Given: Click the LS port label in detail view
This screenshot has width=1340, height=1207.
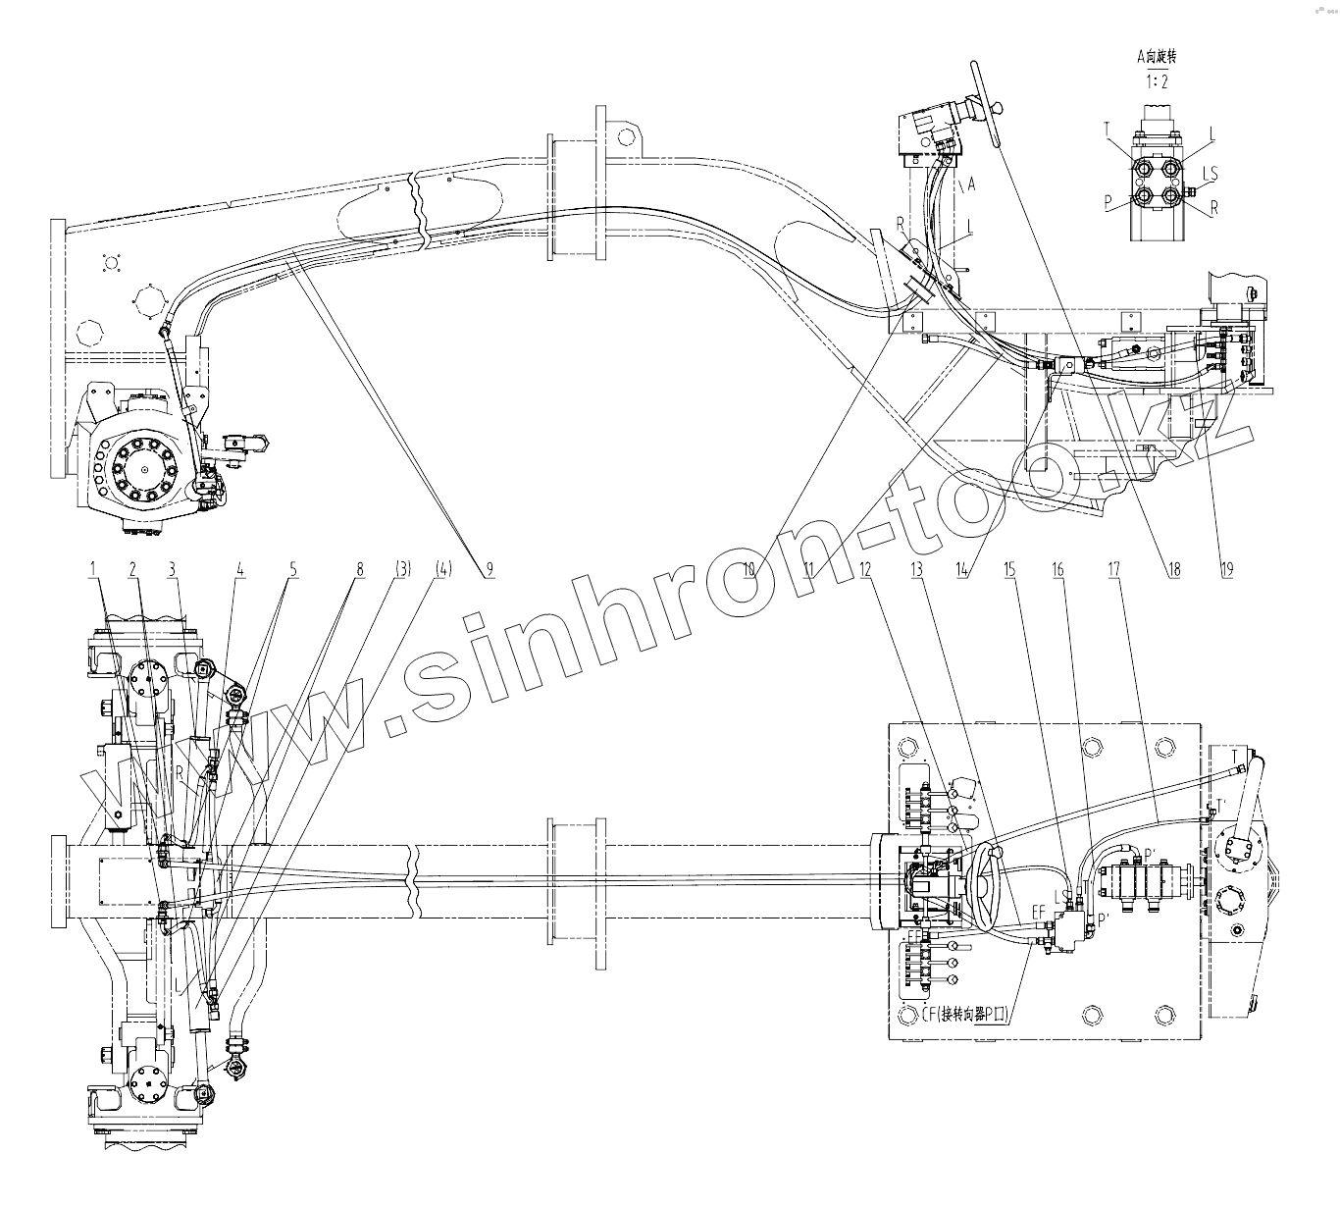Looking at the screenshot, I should coord(1211,174).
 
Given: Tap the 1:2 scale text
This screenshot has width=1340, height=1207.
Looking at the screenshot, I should coord(1159,81).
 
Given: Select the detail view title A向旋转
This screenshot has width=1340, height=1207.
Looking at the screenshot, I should coord(1157,57).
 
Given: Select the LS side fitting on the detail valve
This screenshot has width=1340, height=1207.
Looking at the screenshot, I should coord(1189,191).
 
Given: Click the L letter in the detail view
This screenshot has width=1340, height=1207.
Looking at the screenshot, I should coord(1212,132).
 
